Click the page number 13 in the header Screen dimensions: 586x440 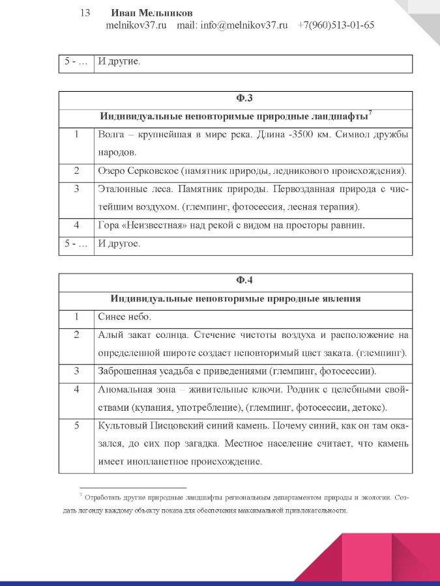(85, 13)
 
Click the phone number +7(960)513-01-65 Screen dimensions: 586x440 (336, 25)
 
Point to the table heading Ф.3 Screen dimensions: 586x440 (235, 100)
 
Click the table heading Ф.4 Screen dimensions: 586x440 (235, 281)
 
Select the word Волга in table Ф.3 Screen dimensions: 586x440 (111, 135)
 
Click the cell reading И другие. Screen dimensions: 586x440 (119, 63)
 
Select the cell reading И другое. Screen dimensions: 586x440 (119, 244)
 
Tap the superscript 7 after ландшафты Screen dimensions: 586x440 (370, 114)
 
